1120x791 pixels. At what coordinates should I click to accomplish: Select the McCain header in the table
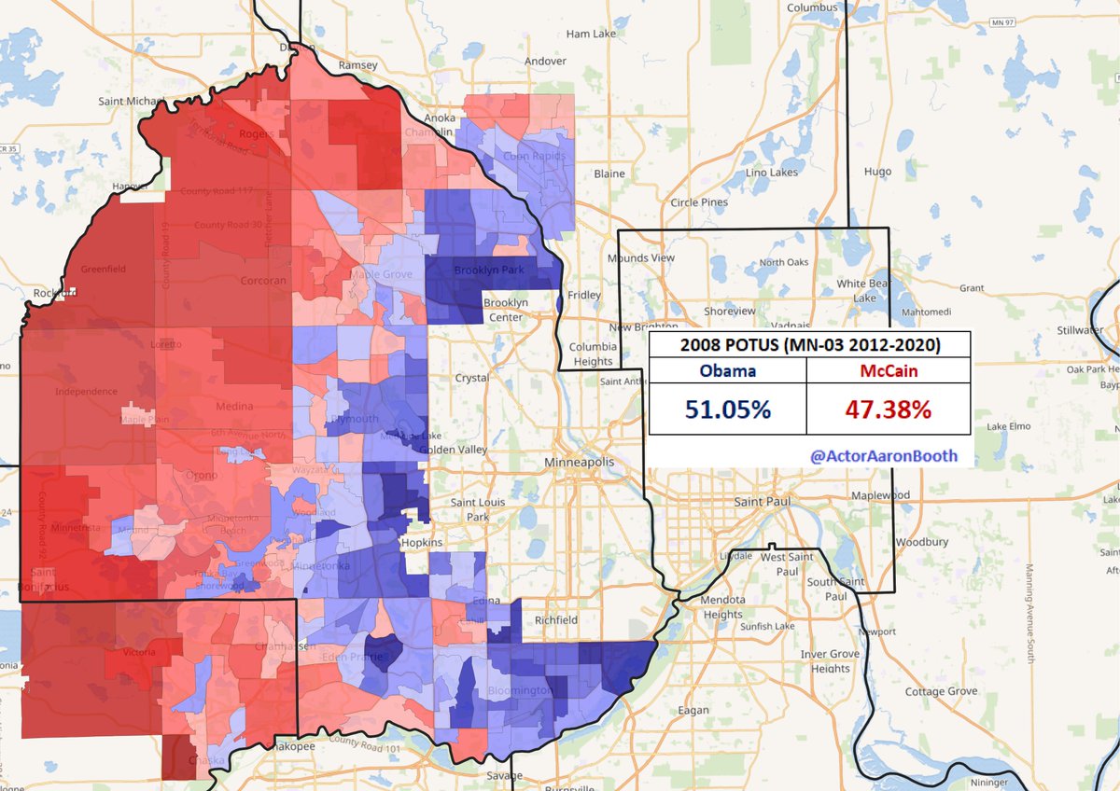[889, 370]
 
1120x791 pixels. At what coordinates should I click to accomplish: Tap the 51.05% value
[727, 409]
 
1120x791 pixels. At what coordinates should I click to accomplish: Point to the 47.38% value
[889, 409]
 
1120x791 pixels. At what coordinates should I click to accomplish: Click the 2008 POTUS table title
[809, 345]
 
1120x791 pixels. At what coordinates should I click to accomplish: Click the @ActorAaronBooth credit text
[883, 456]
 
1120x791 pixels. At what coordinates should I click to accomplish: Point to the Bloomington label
[521, 691]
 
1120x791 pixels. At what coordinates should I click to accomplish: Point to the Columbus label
[808, 7]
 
